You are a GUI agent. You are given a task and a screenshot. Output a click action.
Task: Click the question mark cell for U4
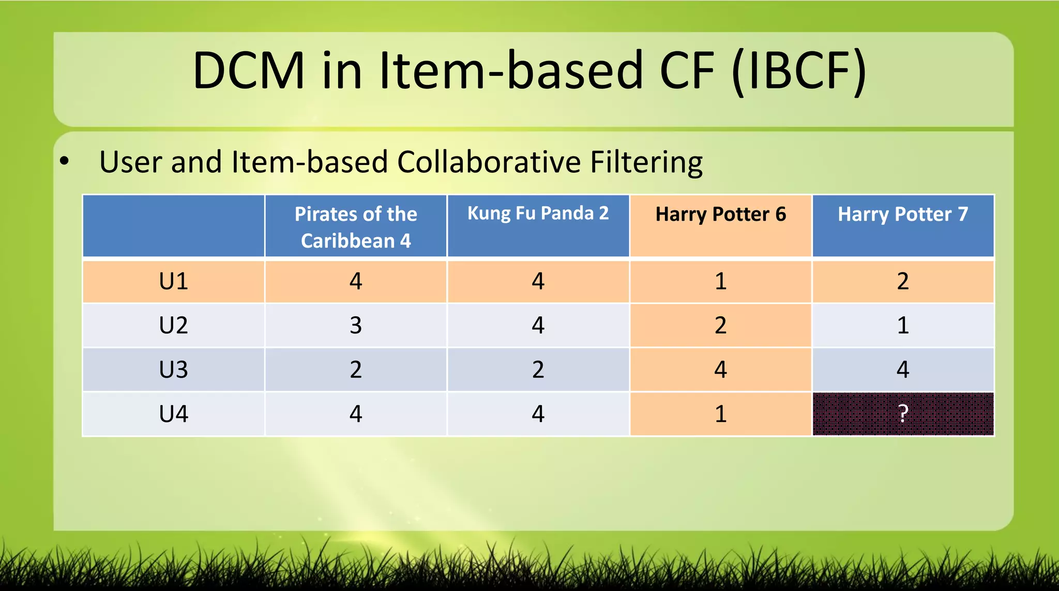[x=903, y=414]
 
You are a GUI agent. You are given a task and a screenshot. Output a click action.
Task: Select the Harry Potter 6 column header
[x=720, y=215]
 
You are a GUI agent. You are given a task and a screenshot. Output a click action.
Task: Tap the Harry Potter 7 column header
[x=903, y=215]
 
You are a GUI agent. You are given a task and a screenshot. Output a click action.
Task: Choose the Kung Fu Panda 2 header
[x=538, y=214]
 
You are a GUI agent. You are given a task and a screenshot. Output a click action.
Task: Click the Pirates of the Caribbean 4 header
[x=356, y=227]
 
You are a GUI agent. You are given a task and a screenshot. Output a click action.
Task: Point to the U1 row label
[x=173, y=281]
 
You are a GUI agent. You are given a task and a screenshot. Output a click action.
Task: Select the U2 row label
[x=173, y=325]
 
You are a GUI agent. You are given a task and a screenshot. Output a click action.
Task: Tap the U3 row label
[x=173, y=370]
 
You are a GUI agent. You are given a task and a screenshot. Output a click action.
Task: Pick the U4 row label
[x=173, y=414]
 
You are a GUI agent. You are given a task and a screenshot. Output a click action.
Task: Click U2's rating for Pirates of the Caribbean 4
[x=356, y=325]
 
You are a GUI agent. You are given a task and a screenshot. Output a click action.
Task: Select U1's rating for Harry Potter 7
[x=903, y=281]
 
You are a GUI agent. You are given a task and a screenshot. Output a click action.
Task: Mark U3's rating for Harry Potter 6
[x=720, y=370]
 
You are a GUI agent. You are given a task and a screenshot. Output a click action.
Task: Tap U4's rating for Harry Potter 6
[x=720, y=414]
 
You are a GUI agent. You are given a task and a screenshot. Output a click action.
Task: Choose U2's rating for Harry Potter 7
[x=903, y=325]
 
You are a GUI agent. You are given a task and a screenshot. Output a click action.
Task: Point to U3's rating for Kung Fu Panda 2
[x=538, y=370]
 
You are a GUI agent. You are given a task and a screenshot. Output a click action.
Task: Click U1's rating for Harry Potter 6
[x=720, y=281]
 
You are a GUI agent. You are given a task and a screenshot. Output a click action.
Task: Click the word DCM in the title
[x=249, y=71]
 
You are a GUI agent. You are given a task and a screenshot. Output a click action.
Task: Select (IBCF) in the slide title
[x=799, y=71]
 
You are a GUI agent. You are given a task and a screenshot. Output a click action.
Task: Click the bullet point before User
[x=64, y=161]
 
